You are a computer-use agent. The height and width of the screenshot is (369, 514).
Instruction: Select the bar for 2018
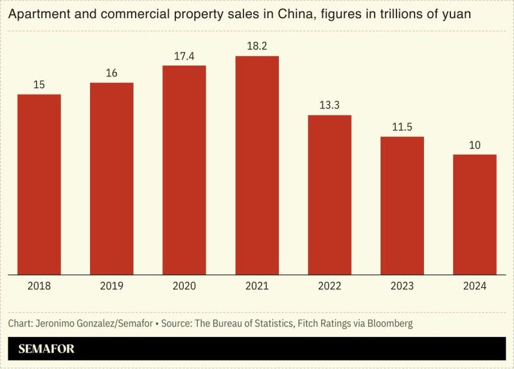[39, 184]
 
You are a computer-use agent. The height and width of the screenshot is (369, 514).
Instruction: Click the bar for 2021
[257, 165]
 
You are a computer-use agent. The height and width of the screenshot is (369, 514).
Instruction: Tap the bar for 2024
[475, 215]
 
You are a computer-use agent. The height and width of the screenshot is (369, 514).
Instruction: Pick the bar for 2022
[330, 195]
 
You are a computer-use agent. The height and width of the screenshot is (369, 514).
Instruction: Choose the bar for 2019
[112, 179]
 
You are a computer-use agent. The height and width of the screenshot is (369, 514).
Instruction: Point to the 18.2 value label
[257, 46]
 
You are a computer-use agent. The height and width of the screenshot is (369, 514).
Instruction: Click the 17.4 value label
[184, 56]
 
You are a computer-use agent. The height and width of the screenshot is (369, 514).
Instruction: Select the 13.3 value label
[330, 105]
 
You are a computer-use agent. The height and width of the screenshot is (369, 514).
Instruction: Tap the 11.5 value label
[402, 127]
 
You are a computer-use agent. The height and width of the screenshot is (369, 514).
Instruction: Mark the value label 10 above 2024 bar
[475, 145]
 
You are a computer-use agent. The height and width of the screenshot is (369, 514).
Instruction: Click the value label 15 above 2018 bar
[39, 85]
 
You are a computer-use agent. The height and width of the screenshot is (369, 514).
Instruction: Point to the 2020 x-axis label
[184, 286]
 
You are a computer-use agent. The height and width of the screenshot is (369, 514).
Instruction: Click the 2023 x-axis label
[402, 286]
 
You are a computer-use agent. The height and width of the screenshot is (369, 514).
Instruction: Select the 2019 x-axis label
[112, 286]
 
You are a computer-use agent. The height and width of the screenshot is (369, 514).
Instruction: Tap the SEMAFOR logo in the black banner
[46, 349]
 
